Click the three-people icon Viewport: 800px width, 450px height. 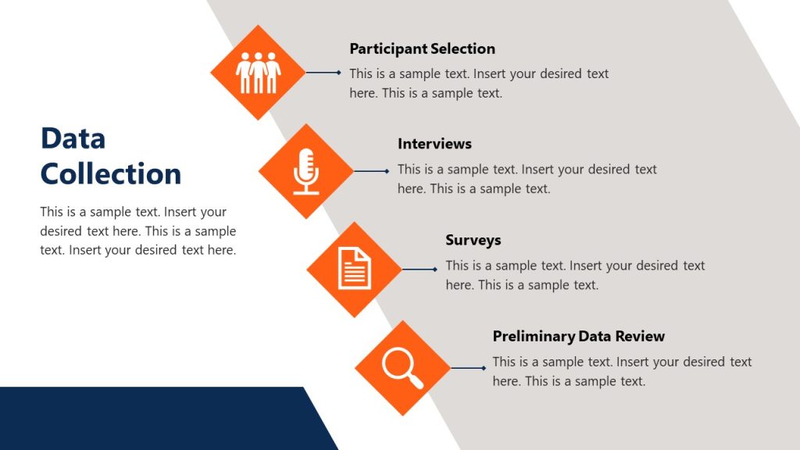pyautogui.click(x=258, y=73)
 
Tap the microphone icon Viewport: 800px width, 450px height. pyautogui.click(x=306, y=171)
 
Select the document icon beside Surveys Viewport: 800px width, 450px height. pyautogui.click(x=354, y=269)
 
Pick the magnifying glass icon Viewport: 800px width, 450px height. pyautogui.click(x=402, y=367)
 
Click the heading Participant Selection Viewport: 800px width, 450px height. pyautogui.click(x=422, y=48)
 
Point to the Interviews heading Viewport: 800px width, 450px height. pyautogui.click(x=434, y=144)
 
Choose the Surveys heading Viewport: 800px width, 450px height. pyautogui.click(x=473, y=240)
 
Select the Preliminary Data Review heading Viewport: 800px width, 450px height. pyautogui.click(x=578, y=336)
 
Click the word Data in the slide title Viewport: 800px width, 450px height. pyautogui.click(x=73, y=138)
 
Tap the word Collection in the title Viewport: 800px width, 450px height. pyautogui.click(x=111, y=173)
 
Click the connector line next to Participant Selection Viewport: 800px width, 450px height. pyautogui.click(x=323, y=73)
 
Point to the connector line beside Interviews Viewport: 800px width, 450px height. pyautogui.click(x=371, y=171)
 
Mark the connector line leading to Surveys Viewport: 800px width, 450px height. pyautogui.click(x=420, y=270)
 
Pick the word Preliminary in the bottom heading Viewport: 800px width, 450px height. pyautogui.click(x=534, y=336)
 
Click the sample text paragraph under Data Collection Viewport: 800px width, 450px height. pyautogui.click(x=137, y=230)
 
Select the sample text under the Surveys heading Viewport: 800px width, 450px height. pyautogui.click(x=575, y=275)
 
